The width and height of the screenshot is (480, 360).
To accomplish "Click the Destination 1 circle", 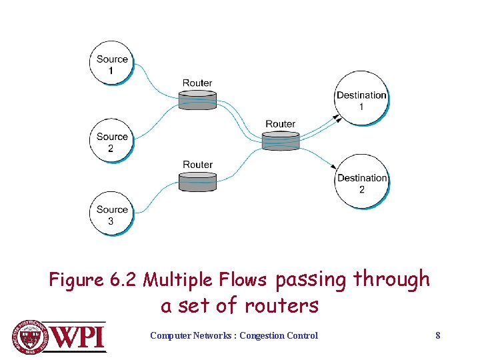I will pos(361,101).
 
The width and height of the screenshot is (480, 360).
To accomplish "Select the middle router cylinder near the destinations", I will pos(281,141).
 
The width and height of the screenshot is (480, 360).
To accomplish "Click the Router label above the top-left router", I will pos(197,83).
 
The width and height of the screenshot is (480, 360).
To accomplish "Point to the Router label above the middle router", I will pos(280,124).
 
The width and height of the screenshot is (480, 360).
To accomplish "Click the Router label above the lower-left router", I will pos(197,165).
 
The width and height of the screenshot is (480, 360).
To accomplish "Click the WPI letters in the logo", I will pos(79,336).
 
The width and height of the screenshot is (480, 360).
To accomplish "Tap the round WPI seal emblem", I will pos(30,337).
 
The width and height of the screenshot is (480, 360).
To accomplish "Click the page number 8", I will pos(437,335).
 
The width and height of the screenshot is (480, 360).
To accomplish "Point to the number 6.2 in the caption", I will pos(121,280).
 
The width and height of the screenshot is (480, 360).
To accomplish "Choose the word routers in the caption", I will pos(281,306).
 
